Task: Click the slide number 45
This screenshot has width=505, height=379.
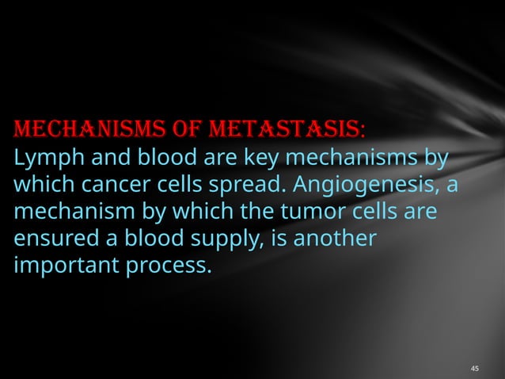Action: click(x=475, y=369)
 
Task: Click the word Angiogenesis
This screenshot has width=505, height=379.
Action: click(x=371, y=184)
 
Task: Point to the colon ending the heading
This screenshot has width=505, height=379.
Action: click(x=363, y=129)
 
